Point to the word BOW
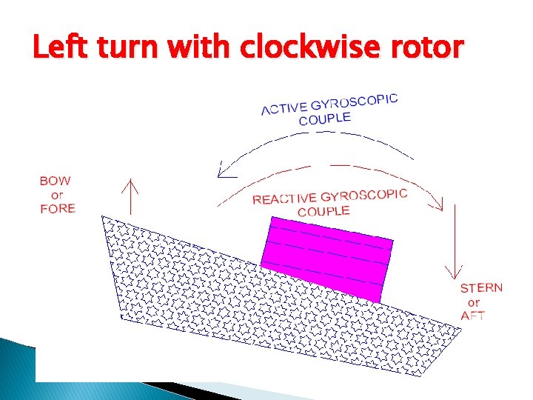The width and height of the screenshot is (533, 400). click(56, 181)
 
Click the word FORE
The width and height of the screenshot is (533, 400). click(58, 209)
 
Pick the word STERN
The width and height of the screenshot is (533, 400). click(481, 288)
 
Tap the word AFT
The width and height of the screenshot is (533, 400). click(473, 316)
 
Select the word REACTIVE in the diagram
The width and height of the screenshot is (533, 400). click(282, 199)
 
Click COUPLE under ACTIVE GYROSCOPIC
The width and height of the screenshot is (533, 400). click(325, 118)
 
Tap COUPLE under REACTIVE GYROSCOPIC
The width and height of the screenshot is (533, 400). click(324, 211)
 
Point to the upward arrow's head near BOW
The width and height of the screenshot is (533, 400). click(131, 183)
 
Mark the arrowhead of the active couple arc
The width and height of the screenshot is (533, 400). click(221, 173)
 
